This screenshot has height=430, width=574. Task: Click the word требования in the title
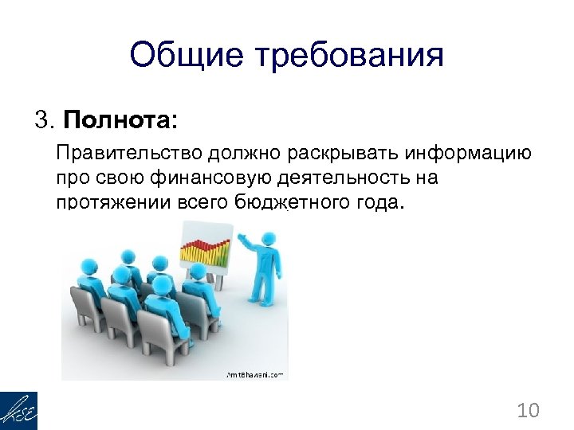348,57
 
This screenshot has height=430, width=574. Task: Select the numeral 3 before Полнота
41,121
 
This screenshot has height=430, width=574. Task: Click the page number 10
528,410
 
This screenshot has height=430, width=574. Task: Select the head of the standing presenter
269,238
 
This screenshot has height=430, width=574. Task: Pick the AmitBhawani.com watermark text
255,374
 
